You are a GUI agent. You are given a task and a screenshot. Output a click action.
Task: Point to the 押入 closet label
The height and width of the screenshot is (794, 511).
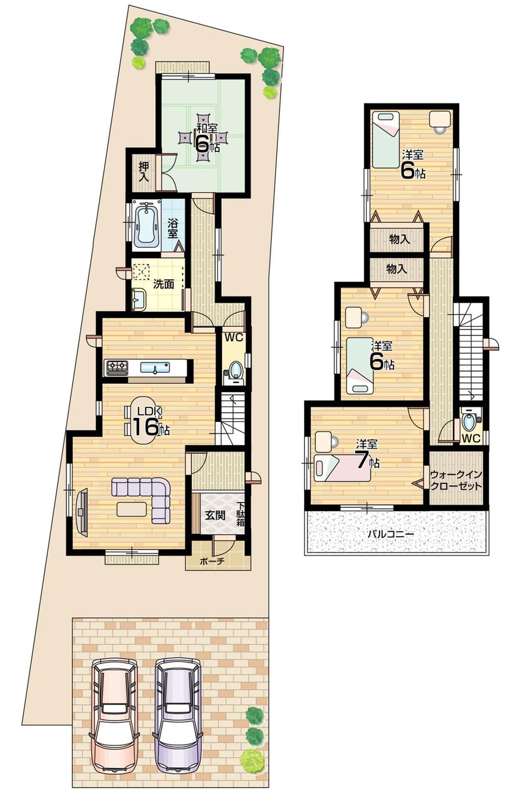tap(144, 172)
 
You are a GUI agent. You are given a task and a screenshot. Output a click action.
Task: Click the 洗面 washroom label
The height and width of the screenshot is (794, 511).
tap(164, 285)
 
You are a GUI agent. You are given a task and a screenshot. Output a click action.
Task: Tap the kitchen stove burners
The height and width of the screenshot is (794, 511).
tap(117, 367)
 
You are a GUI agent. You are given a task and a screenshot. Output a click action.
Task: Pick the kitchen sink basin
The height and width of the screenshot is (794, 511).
tap(155, 367)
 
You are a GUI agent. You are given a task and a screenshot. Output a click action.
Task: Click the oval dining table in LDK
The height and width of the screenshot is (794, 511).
tap(145, 420)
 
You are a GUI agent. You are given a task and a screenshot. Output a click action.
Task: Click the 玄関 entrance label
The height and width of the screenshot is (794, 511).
tap(215, 515)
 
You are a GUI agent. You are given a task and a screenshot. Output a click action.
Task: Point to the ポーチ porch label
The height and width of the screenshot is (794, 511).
tap(212, 561)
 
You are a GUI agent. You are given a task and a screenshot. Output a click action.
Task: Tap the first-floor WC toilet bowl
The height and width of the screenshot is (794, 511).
tap(235, 369)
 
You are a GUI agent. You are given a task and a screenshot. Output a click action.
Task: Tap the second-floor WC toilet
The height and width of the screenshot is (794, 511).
tap(469, 423)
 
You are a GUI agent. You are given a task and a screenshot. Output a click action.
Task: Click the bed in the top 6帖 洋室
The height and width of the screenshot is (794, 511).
tap(385, 139)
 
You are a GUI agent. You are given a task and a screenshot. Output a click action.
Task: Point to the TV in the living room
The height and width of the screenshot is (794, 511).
tap(82, 512)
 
